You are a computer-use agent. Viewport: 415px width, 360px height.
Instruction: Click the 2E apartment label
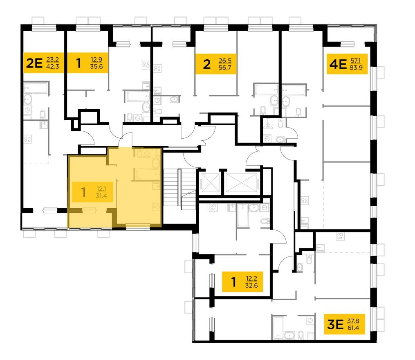tap(34, 63)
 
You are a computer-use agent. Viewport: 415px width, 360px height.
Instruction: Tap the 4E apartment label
tap(338, 64)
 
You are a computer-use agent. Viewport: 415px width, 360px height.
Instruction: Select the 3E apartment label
tap(335, 324)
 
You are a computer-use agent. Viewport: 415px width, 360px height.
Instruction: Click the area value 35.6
tap(96, 67)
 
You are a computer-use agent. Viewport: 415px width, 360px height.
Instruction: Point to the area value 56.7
tap(225, 67)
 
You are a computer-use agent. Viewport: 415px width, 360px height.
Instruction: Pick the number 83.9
tap(356, 67)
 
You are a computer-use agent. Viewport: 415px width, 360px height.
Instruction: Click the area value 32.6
tap(251, 286)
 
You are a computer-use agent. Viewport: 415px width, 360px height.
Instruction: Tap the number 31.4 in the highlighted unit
tap(101, 196)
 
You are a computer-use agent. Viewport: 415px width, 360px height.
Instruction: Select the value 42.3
tap(52, 67)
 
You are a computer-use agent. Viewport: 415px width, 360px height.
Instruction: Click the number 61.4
tap(353, 328)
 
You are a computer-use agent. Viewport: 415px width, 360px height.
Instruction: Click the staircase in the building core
tap(180, 189)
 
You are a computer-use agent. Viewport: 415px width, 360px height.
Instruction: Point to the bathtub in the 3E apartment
tap(278, 328)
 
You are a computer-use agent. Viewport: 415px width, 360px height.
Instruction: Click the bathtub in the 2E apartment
tap(36, 88)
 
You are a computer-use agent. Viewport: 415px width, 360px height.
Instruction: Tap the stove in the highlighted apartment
tap(157, 205)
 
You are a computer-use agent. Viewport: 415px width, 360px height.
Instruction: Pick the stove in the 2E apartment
tap(28, 139)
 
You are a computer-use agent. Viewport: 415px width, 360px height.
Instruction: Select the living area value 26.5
tap(225, 61)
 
